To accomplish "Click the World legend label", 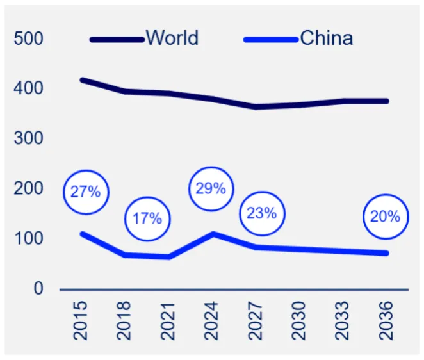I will coord(172,38).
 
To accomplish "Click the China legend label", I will coord(326,38).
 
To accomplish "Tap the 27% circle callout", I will coord(86,191).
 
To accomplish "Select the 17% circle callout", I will coord(147,218).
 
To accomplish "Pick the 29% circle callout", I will coord(211,188).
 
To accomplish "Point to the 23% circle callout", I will coord(261,213).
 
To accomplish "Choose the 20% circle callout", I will coord(385,217).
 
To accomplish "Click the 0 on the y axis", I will coord(38,289).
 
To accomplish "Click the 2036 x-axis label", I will coord(386,320).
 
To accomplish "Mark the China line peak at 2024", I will coord(213,234).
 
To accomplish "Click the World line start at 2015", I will coord(82,80).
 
